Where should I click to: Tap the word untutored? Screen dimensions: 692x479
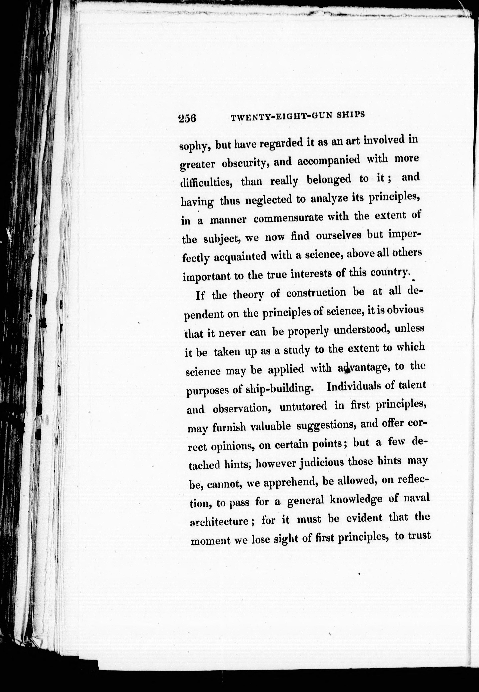click(303, 407)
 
